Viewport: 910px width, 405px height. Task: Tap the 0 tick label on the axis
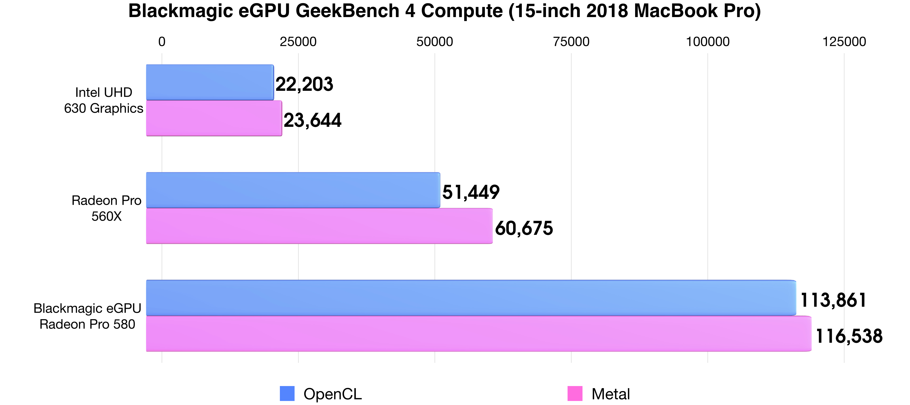pyautogui.click(x=162, y=42)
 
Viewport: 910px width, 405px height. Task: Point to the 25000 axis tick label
pyautogui.click(x=298, y=42)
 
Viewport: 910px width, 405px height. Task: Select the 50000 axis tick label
pyautogui.click(x=435, y=42)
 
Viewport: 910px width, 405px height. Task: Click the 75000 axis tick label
pyautogui.click(x=571, y=42)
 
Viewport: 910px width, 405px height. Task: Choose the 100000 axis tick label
pyautogui.click(x=708, y=42)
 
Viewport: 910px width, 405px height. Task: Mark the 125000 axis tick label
pyautogui.click(x=844, y=42)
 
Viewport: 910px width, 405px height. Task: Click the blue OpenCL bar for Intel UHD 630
pyautogui.click(x=210, y=82)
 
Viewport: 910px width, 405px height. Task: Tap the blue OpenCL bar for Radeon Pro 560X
pyautogui.click(x=293, y=190)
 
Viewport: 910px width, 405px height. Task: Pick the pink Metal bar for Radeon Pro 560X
pyautogui.click(x=319, y=226)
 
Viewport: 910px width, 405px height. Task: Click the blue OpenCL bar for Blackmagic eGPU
pyautogui.click(x=471, y=298)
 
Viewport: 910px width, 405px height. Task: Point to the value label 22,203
pyautogui.click(x=304, y=84)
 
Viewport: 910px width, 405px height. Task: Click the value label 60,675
pyautogui.click(x=524, y=228)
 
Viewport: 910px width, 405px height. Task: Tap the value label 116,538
pyautogui.click(x=849, y=336)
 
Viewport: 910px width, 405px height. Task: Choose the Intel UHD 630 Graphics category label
pyautogui.click(x=104, y=100)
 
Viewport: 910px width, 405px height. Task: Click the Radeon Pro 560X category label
pyautogui.click(x=106, y=208)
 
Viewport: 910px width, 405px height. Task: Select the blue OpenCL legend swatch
pyautogui.click(x=287, y=394)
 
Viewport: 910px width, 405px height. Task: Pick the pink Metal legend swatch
pyautogui.click(x=575, y=394)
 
